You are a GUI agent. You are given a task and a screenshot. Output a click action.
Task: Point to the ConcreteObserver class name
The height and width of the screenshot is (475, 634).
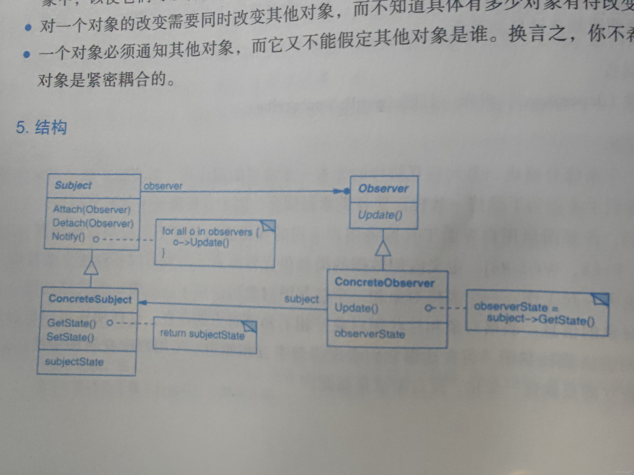[384, 283]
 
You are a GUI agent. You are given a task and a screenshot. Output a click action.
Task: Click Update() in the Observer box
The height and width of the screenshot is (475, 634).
[380, 215]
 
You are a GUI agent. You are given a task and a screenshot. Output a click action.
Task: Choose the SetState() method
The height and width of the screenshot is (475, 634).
[70, 337]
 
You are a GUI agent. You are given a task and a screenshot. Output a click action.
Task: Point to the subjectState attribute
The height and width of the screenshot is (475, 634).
[74, 362]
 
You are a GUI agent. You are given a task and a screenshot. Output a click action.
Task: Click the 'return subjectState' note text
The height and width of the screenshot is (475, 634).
[202, 334]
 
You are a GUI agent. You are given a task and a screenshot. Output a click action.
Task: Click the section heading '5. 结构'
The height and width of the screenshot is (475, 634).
[42, 127]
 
